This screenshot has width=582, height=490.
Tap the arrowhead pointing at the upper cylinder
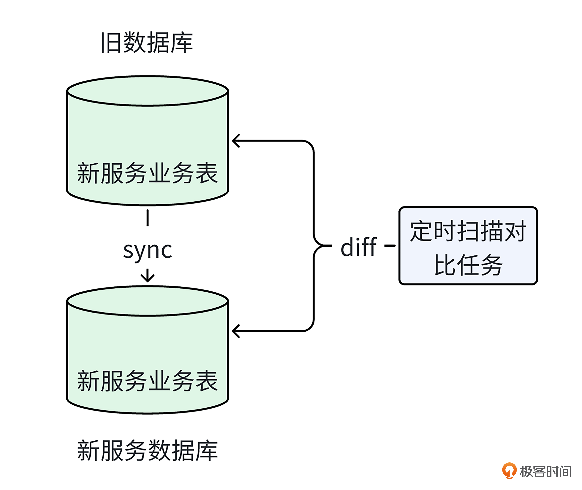235,141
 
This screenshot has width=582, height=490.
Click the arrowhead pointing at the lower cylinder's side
235,331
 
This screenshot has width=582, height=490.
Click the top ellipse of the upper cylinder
147,91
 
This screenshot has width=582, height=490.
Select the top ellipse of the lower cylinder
147,301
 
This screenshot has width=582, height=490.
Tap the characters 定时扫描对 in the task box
468,231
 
